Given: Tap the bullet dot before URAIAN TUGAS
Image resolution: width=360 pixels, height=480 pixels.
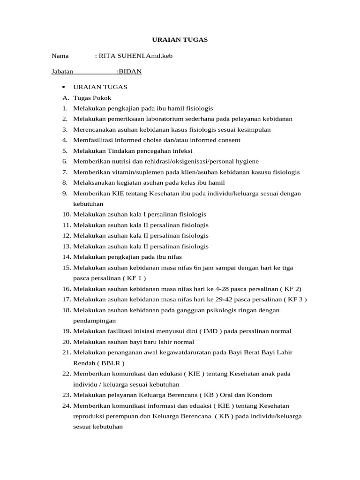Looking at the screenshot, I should coord(63,88).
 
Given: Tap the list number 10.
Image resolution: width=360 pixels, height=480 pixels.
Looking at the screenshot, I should coord(66,215).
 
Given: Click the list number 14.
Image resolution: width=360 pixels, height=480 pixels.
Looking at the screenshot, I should coord(66,257).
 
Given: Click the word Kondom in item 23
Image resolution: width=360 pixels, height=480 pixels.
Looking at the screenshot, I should coord(259,395).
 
